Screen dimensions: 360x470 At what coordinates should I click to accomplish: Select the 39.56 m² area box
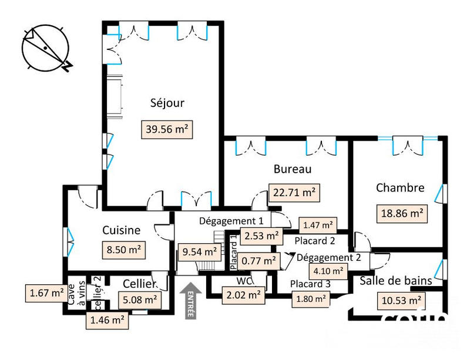click(x=167, y=129)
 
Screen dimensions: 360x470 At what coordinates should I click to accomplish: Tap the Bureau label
click(x=292, y=170)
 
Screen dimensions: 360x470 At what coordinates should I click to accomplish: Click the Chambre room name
click(x=399, y=188)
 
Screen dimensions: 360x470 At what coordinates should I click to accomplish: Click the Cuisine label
click(x=121, y=230)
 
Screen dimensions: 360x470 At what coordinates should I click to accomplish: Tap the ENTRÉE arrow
click(x=190, y=301)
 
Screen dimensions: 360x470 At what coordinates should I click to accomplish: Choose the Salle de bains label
click(x=396, y=281)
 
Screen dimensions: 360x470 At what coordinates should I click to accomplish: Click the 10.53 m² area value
click(x=400, y=301)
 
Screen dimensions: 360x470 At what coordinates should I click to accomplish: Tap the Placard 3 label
click(x=311, y=284)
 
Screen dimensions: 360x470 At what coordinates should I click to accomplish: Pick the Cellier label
click(x=139, y=284)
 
